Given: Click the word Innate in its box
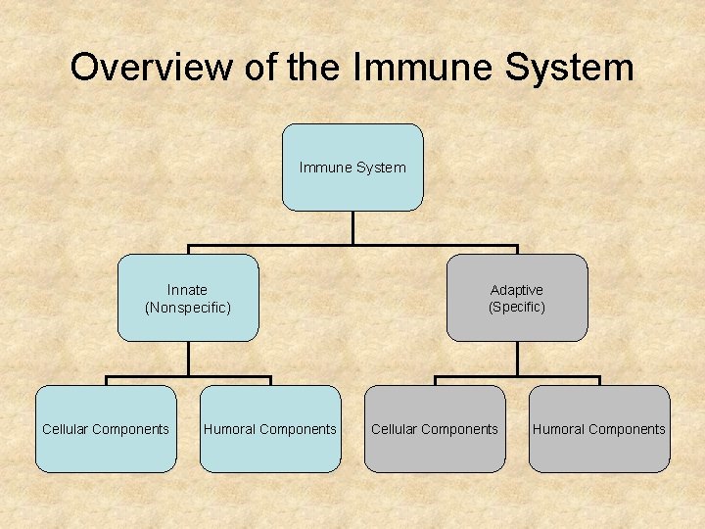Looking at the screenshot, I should click(187, 290).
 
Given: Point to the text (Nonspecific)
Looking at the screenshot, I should click(188, 308).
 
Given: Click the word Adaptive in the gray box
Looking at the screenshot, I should click(516, 290).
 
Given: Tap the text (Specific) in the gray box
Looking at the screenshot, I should click(517, 307).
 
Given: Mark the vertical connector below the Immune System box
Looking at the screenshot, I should click(352, 227).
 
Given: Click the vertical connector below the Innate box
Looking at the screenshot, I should click(188, 359).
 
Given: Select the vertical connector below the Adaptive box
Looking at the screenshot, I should click(517, 359).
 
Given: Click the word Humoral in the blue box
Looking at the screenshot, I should click(230, 429).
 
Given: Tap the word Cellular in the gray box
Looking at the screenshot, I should click(397, 429).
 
